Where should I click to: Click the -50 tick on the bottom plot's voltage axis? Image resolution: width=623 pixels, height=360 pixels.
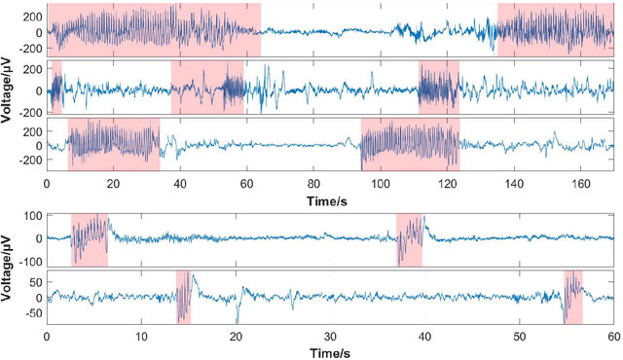34,314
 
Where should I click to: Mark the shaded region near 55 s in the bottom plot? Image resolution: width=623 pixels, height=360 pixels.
572,298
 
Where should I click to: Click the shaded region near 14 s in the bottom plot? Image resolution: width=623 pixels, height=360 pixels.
183,298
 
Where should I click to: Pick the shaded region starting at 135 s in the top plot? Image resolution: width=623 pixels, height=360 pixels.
555,29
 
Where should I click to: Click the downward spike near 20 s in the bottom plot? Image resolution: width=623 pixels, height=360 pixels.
237,319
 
